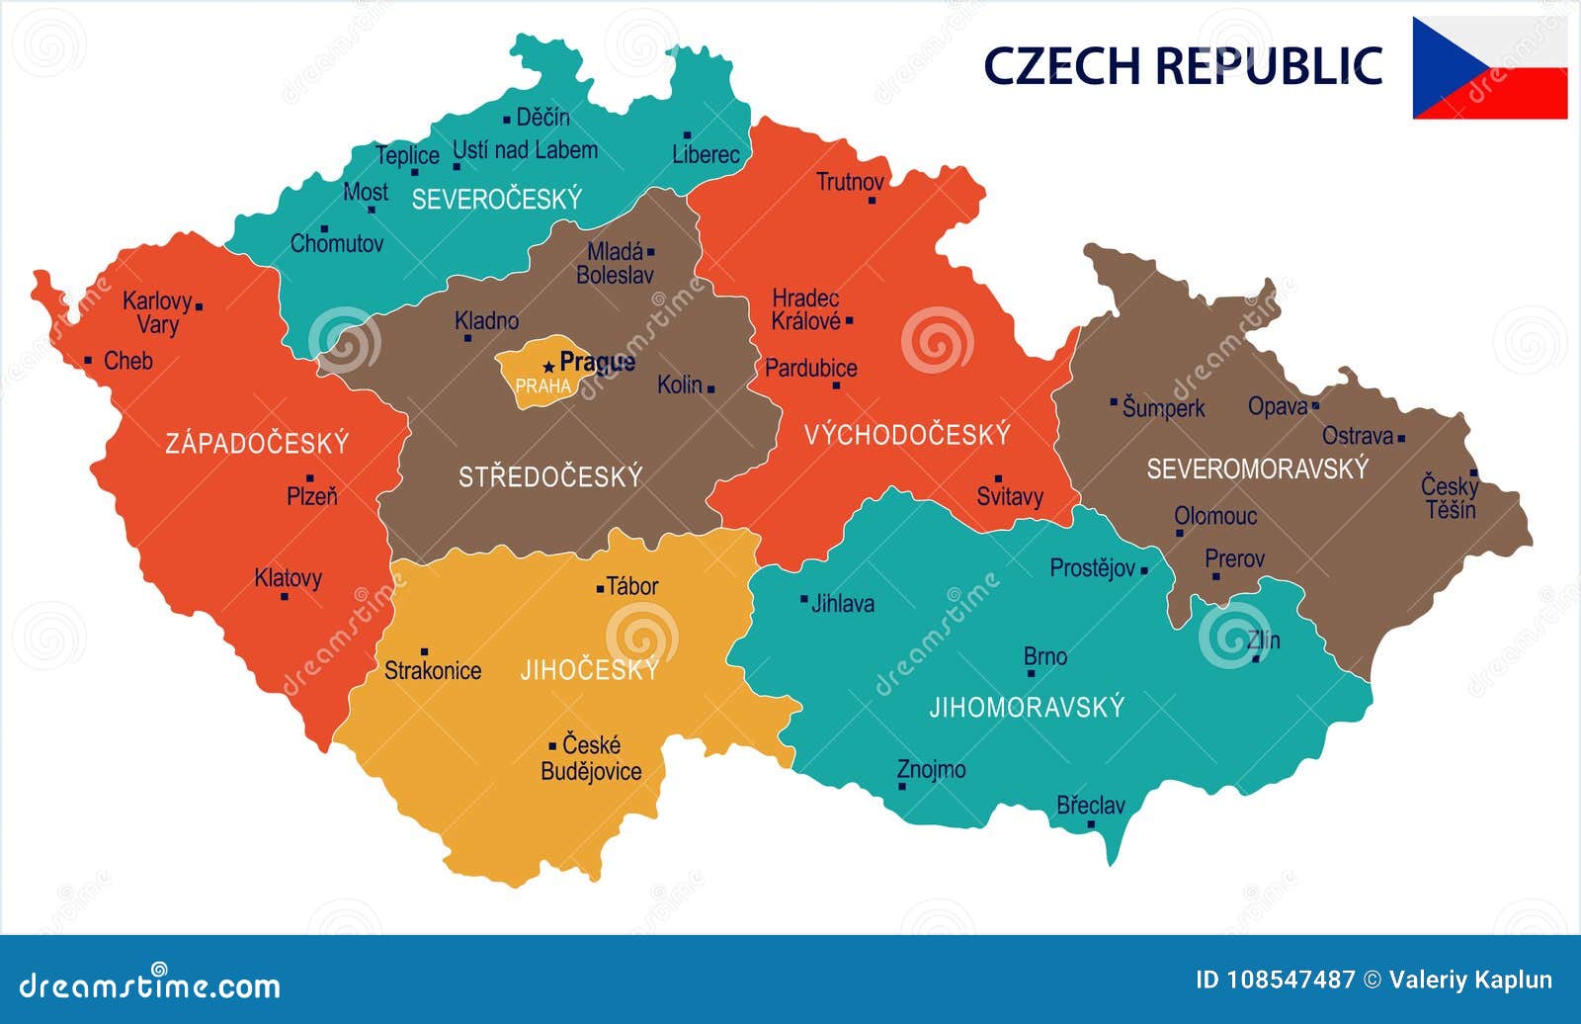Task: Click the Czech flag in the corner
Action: click(x=1489, y=68)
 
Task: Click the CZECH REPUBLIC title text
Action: click(x=1182, y=65)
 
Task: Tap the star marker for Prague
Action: click(x=548, y=367)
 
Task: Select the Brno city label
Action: click(x=1045, y=656)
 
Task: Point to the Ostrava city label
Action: click(x=1358, y=436)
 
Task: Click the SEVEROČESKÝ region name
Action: click(x=497, y=200)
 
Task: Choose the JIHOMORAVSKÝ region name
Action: click(x=1027, y=707)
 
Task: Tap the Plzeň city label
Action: click(x=312, y=496)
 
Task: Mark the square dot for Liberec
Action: click(x=687, y=135)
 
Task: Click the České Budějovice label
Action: click(x=591, y=758)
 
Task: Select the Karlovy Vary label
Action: click(x=157, y=312)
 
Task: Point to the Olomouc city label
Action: click(x=1215, y=516)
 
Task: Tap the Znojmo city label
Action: click(x=931, y=769)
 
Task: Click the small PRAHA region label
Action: click(x=542, y=386)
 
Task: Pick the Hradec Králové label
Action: click(x=806, y=309)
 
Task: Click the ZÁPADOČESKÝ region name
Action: click(x=257, y=443)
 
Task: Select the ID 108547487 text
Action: click(x=1276, y=980)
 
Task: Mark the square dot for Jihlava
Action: click(x=804, y=599)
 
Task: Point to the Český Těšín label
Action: click(x=1450, y=498)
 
